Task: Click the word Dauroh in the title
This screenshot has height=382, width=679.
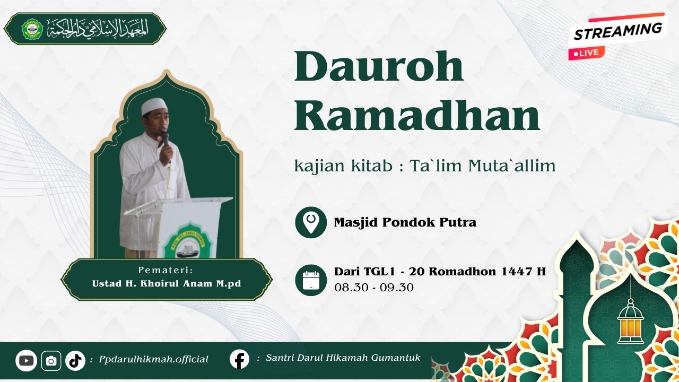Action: [379, 66]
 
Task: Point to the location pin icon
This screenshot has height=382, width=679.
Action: [311, 222]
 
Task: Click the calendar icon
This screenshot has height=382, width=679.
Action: [311, 280]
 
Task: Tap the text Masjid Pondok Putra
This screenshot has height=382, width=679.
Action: [405, 222]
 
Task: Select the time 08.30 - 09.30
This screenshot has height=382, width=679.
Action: [373, 288]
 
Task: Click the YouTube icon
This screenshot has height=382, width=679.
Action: [25, 361]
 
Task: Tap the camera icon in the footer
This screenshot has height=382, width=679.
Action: [51, 361]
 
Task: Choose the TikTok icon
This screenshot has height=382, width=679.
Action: [75, 361]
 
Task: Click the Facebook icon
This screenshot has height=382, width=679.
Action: [239, 359]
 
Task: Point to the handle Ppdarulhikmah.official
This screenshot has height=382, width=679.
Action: [153, 360]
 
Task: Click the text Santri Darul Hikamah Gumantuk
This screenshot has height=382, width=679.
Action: [343, 358]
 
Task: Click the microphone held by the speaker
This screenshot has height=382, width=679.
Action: [165, 140]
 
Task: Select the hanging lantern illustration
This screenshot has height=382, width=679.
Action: [630, 321]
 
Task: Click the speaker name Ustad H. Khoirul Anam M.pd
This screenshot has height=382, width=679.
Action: [167, 283]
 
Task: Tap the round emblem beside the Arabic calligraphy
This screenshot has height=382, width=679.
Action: [32, 29]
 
